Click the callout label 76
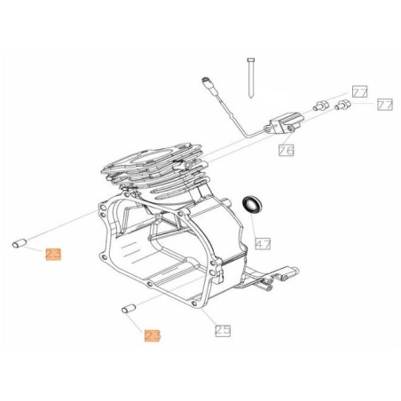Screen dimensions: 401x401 click(286, 150)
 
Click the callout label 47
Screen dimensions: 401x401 click(263, 242)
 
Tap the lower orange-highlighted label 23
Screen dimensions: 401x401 click(153, 335)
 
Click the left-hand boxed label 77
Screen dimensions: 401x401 click(358, 91)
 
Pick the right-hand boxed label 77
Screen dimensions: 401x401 click(383, 106)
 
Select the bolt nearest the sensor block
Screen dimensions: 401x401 click(320, 109)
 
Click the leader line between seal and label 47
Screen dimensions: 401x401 click(258, 224)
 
